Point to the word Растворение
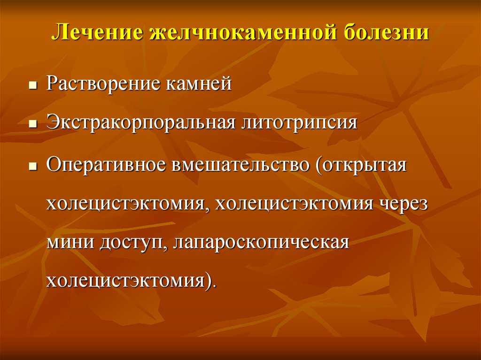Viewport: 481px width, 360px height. point(103,83)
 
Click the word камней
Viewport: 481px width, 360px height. point(199,84)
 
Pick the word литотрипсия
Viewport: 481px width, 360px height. point(299,123)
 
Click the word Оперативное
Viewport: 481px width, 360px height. point(106,165)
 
